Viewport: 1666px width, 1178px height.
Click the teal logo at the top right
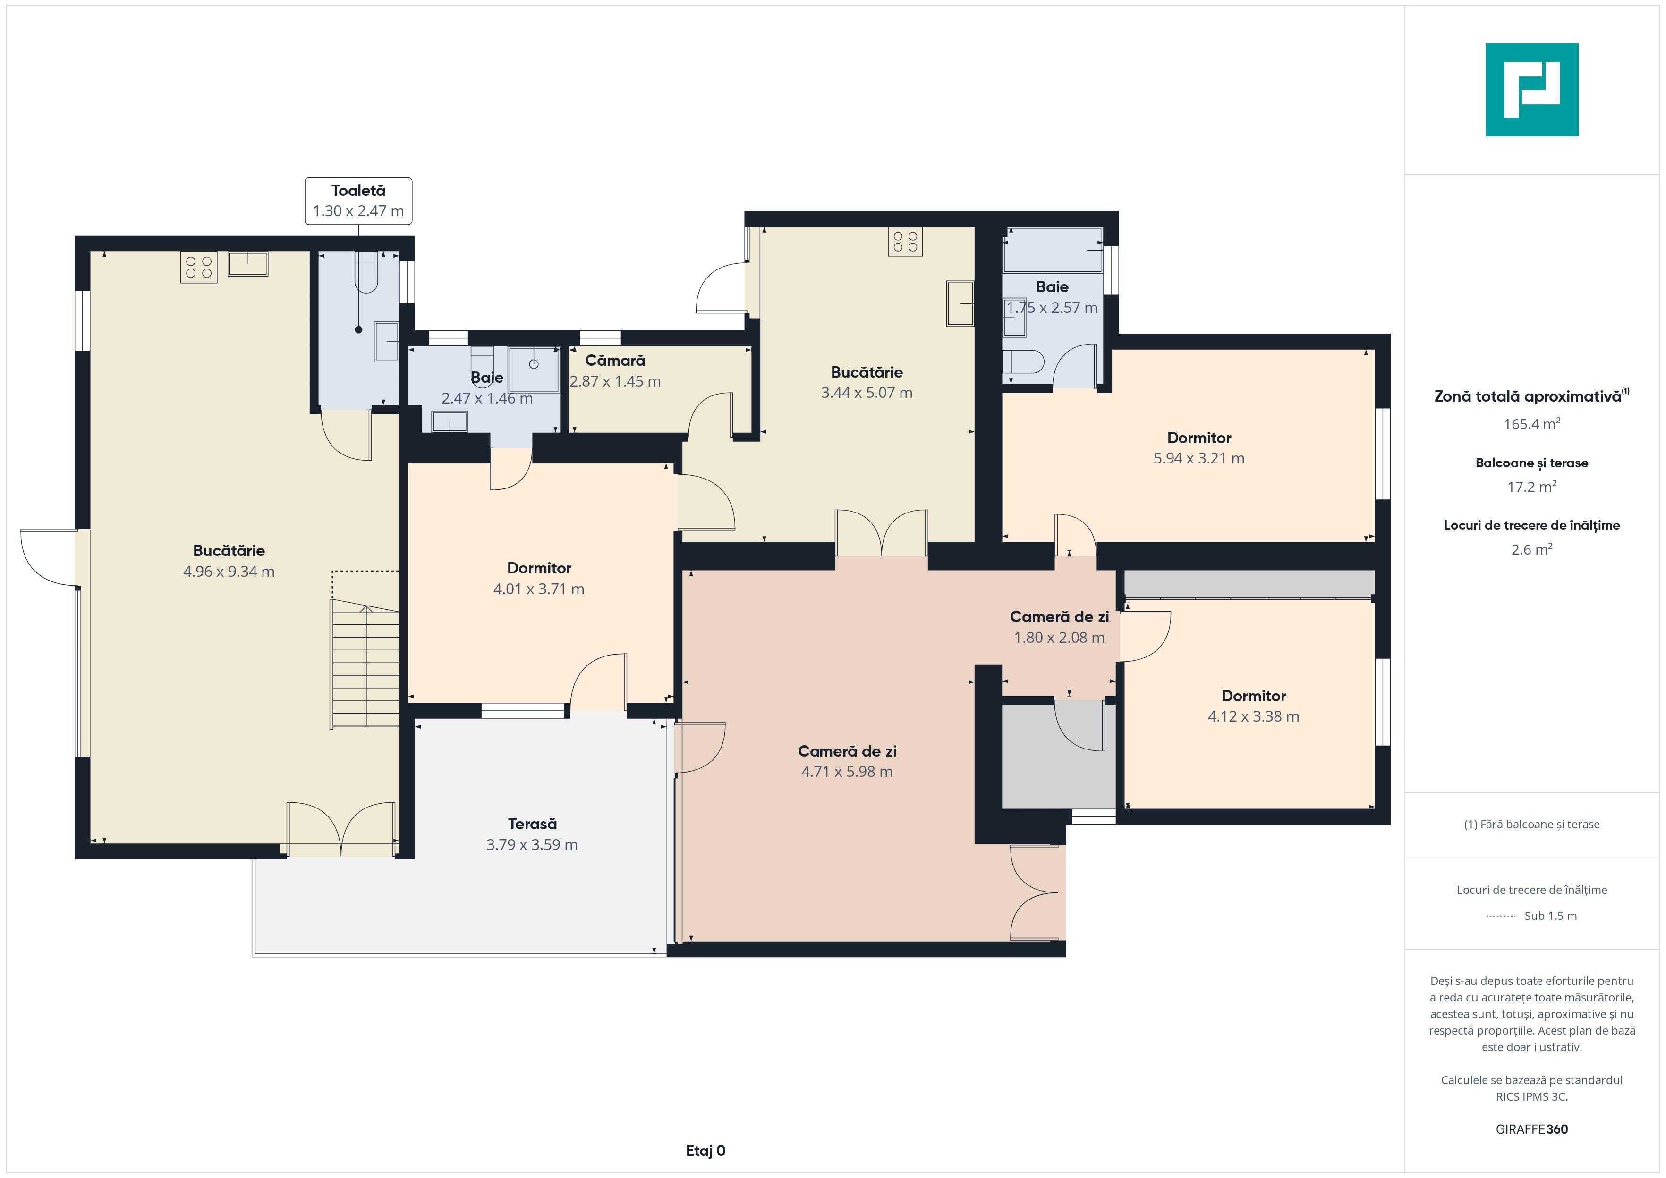(x=1532, y=90)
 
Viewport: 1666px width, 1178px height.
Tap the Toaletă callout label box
(x=358, y=201)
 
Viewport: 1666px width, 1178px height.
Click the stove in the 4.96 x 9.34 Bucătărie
(x=199, y=267)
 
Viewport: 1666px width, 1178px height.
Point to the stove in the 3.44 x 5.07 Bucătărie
(x=905, y=242)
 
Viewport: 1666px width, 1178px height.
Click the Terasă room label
(x=532, y=824)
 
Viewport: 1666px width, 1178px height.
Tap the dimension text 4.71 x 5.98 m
(x=847, y=772)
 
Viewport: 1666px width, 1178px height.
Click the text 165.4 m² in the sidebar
(x=1532, y=424)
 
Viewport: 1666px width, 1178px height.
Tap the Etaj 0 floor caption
(x=705, y=1151)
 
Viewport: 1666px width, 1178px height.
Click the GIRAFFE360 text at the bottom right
(x=1532, y=1129)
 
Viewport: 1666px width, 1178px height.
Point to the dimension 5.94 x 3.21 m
(x=1198, y=458)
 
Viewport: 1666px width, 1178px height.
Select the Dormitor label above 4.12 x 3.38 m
(x=1253, y=696)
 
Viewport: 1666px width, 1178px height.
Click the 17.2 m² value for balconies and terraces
(x=1532, y=487)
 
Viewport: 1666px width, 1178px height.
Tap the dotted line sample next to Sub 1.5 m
(x=1501, y=916)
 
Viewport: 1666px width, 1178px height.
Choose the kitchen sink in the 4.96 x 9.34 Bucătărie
(x=248, y=263)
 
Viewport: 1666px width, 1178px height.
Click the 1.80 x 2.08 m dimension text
(x=1059, y=638)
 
